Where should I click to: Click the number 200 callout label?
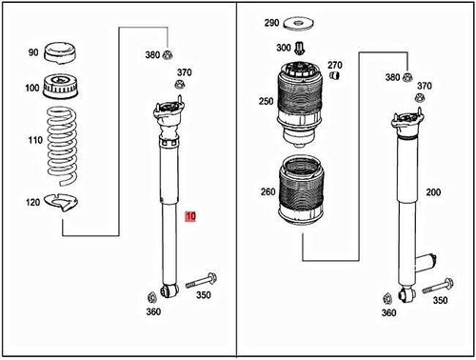434,192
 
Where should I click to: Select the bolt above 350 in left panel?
202,281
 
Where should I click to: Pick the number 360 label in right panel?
388,313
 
